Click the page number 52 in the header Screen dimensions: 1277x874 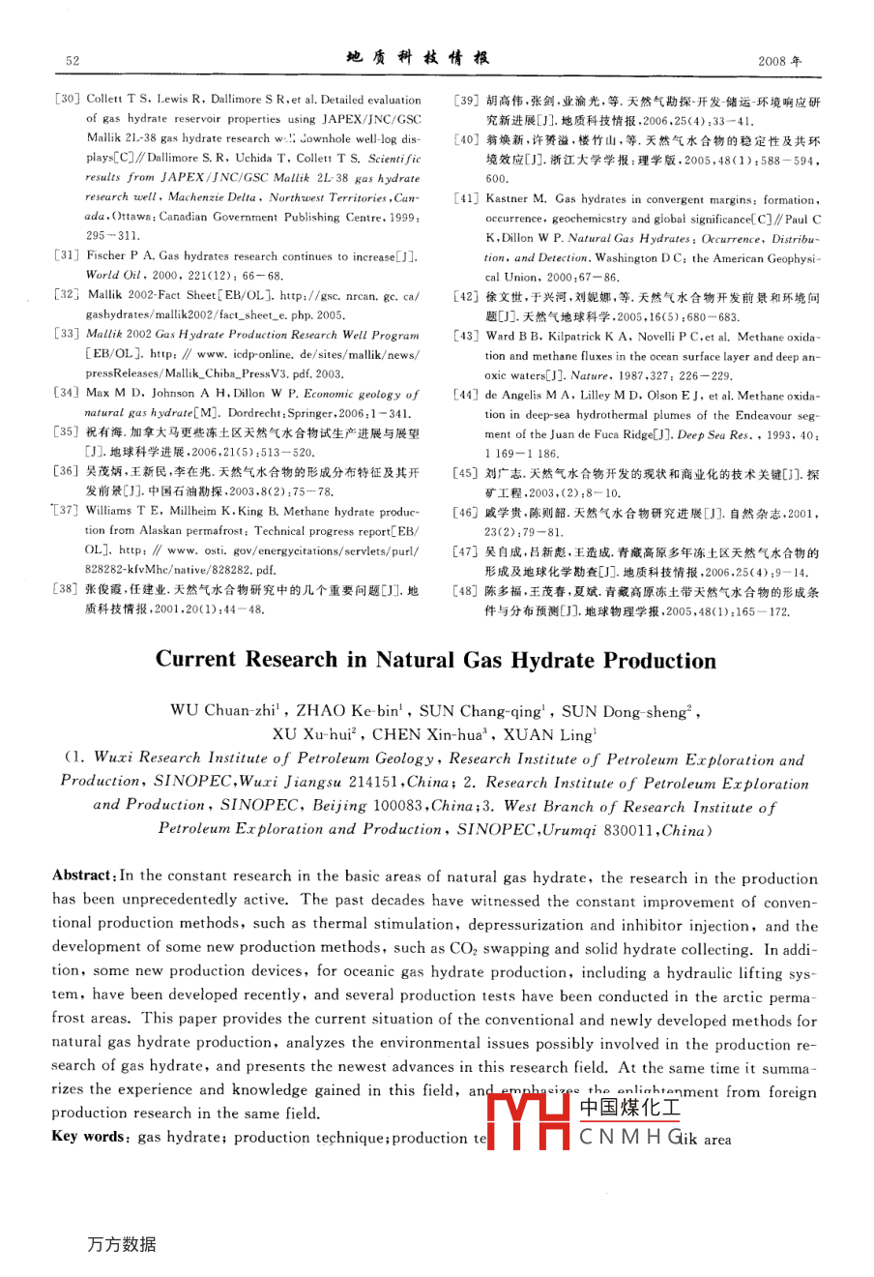[73, 60]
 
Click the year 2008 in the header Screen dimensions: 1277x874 [780, 60]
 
